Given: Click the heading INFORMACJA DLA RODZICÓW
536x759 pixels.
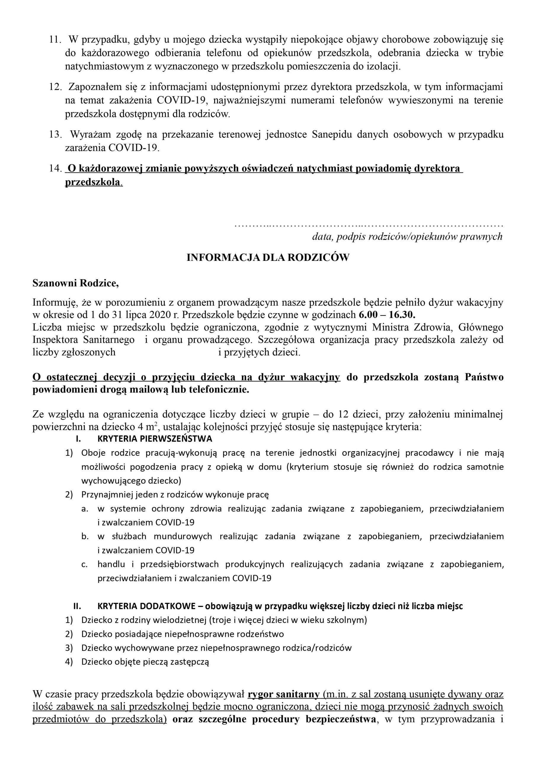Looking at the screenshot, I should coord(268,258).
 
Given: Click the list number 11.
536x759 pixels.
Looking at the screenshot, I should coord(55,40).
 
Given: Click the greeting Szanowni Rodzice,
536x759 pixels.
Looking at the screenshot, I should coord(76,283).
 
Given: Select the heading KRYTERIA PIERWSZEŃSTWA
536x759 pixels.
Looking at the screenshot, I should coord(155,439).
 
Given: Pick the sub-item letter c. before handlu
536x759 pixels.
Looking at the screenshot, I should coord(85,564).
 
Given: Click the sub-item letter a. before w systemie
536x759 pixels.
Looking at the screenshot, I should coord(85,508).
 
